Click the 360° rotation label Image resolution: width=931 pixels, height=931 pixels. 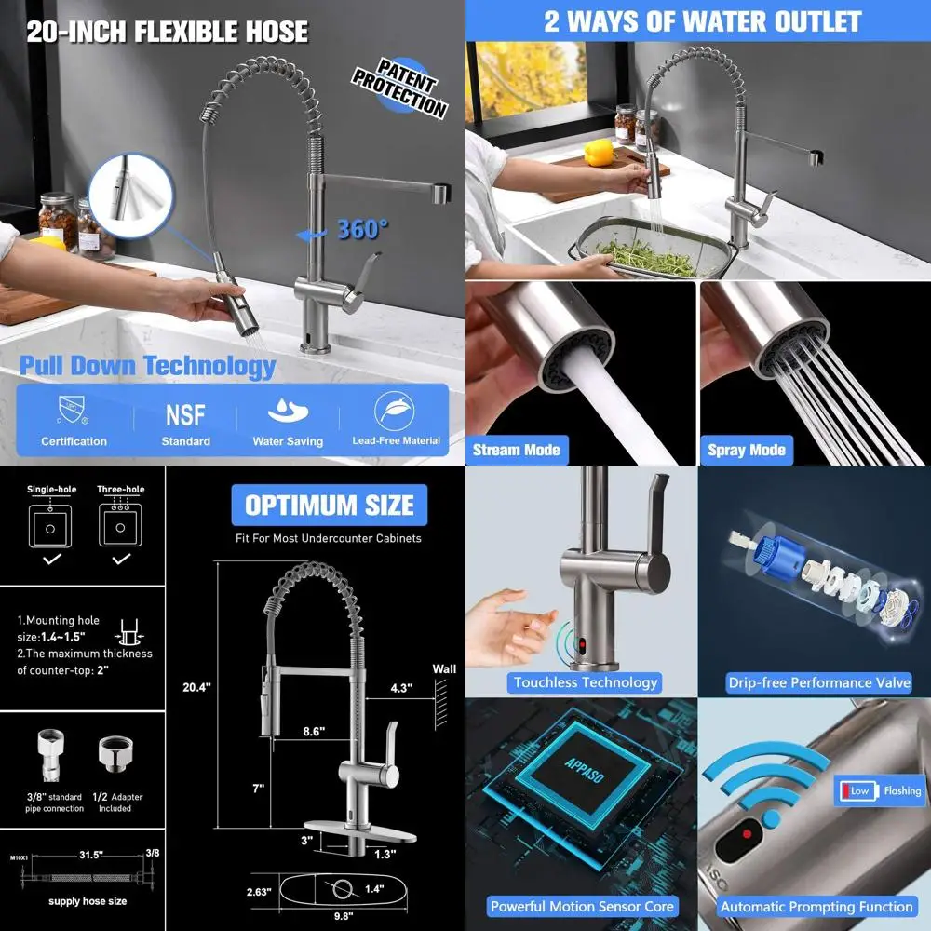click(361, 229)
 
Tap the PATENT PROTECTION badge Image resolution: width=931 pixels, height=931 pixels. click(399, 89)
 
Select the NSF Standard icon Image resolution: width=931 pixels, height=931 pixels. click(185, 414)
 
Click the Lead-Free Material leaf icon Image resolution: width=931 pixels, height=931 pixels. click(396, 411)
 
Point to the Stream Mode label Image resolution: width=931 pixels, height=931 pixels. click(516, 450)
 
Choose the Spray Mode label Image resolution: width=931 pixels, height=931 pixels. click(746, 450)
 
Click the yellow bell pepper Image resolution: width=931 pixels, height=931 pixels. click(598, 152)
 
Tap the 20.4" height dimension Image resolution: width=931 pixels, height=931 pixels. click(196, 687)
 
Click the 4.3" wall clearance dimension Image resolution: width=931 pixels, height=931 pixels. click(401, 689)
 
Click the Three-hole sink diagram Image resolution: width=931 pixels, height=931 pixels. click(119, 525)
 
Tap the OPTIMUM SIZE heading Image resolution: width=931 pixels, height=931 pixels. click(329, 506)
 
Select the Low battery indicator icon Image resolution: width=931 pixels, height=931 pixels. click(858, 790)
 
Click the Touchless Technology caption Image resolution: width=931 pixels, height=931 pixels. click(586, 682)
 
